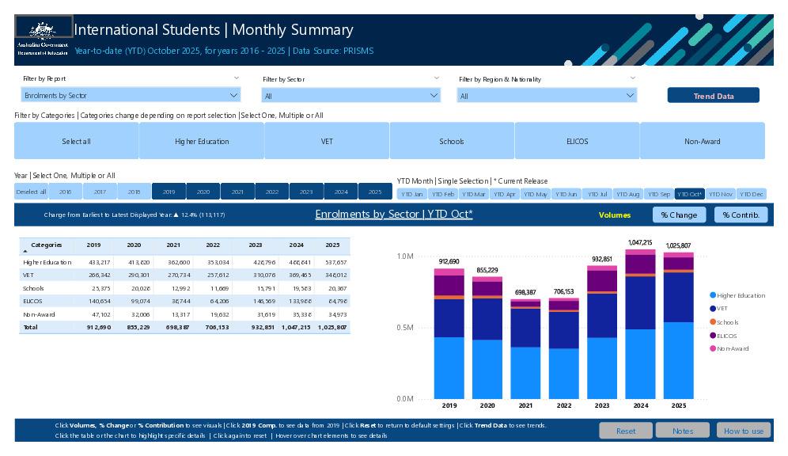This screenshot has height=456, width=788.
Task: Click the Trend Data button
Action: point(713,96)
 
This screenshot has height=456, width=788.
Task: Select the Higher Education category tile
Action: point(202,141)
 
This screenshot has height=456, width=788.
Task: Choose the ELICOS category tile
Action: point(577,141)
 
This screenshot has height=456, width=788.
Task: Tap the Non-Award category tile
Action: point(702,141)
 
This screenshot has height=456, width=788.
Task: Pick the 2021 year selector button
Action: point(237,192)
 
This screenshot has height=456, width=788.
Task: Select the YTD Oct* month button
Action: point(689,194)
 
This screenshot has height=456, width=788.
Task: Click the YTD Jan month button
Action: point(411,194)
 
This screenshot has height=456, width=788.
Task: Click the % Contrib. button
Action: point(741,215)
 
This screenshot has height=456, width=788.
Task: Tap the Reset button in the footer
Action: point(625,431)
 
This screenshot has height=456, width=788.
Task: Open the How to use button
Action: point(743,431)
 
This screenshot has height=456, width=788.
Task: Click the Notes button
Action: point(682,431)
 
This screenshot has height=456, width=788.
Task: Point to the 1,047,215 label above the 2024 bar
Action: point(640,242)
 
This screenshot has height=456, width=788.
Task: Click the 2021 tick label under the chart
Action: point(525,405)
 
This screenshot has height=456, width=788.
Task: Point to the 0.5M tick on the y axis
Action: point(404,328)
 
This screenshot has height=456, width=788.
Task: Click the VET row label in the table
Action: point(28,275)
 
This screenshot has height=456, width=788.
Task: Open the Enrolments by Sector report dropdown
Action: point(131,95)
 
